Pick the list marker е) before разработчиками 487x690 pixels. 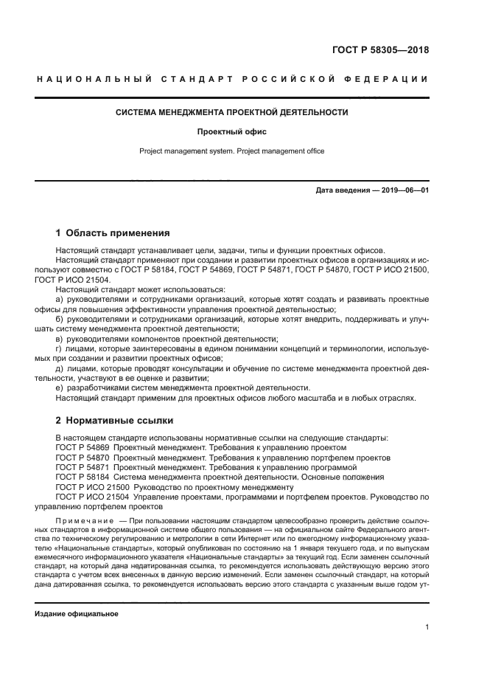[x=60, y=388]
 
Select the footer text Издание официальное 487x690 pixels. [x=77, y=614]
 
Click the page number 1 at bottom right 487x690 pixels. [x=427, y=627]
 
